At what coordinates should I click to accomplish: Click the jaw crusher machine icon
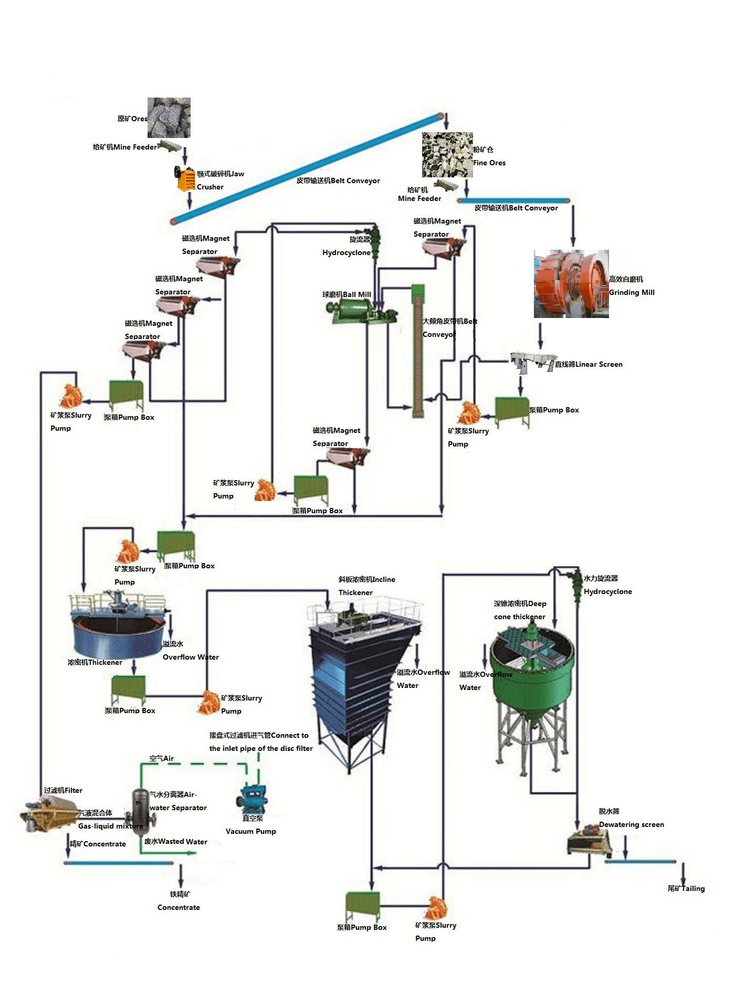tap(185, 179)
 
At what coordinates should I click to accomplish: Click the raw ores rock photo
tap(169, 118)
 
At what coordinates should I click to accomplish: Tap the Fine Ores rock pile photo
tap(447, 155)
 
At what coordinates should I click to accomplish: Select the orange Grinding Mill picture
tap(571, 284)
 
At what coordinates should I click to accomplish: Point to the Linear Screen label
tap(589, 364)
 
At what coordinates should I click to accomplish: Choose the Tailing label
tap(686, 888)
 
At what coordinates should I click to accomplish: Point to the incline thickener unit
tap(362, 677)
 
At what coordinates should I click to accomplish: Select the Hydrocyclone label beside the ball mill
tap(346, 252)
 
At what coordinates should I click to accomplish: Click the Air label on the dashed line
tap(162, 758)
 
